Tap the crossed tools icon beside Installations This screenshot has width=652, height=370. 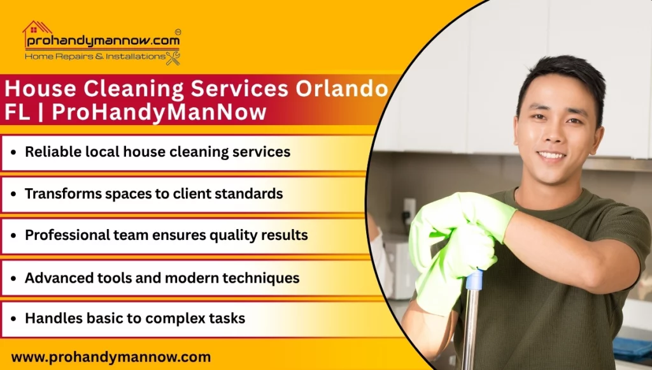click(173, 58)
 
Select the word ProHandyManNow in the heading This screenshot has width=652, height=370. click(159, 112)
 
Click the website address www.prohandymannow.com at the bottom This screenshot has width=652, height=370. click(111, 357)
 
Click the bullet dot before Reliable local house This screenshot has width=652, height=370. click(14, 153)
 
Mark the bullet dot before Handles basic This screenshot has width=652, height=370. click(14, 318)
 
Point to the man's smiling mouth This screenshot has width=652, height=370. click(551, 155)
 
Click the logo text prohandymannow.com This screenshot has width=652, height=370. click(103, 41)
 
